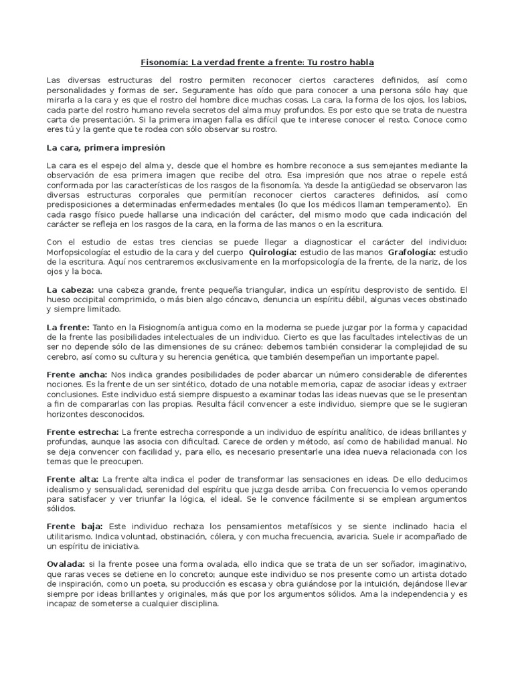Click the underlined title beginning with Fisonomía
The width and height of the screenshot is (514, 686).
tap(257, 62)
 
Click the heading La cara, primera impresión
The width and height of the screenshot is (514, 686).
tap(105, 147)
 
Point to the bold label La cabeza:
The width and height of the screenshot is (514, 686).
tap(70, 289)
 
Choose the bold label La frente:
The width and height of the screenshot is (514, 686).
tap(68, 326)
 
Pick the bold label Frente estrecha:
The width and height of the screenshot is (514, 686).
tap(82, 432)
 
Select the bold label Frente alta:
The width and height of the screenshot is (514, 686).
tap(72, 479)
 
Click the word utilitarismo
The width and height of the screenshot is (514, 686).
tap(70, 537)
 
